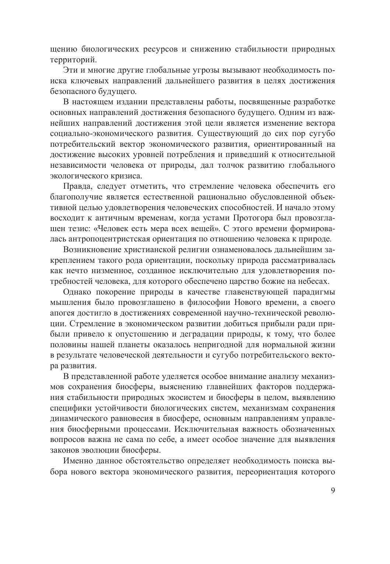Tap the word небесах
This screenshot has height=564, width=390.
[x=312, y=281]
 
